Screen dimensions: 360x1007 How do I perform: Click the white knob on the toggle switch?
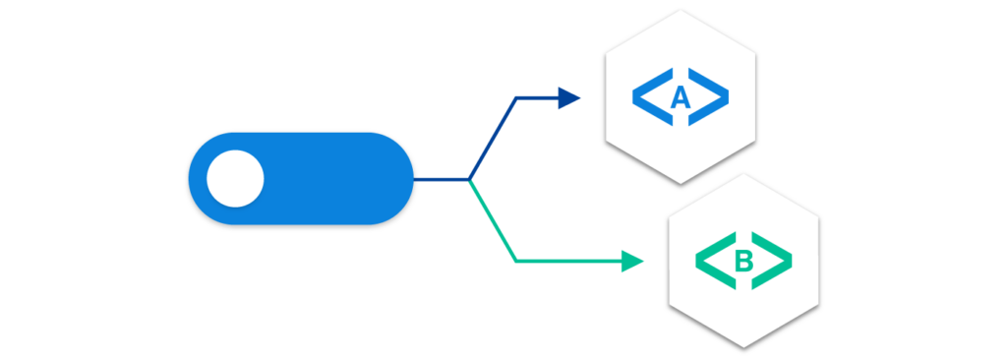click(235, 179)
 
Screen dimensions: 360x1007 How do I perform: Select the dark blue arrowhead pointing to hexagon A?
click(569, 96)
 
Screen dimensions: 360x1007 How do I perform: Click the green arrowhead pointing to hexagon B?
click(632, 262)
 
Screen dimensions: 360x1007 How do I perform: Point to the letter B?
click(743, 262)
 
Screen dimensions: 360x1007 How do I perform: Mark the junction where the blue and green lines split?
click(469, 180)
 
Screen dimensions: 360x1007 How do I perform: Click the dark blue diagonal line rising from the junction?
click(492, 139)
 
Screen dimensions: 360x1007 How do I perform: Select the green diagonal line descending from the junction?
click(492, 220)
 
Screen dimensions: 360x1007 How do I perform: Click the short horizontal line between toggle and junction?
click(441, 180)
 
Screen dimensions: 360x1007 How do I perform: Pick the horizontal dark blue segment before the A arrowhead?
click(536, 97)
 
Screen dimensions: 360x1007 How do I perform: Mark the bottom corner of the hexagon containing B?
click(743, 346)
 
